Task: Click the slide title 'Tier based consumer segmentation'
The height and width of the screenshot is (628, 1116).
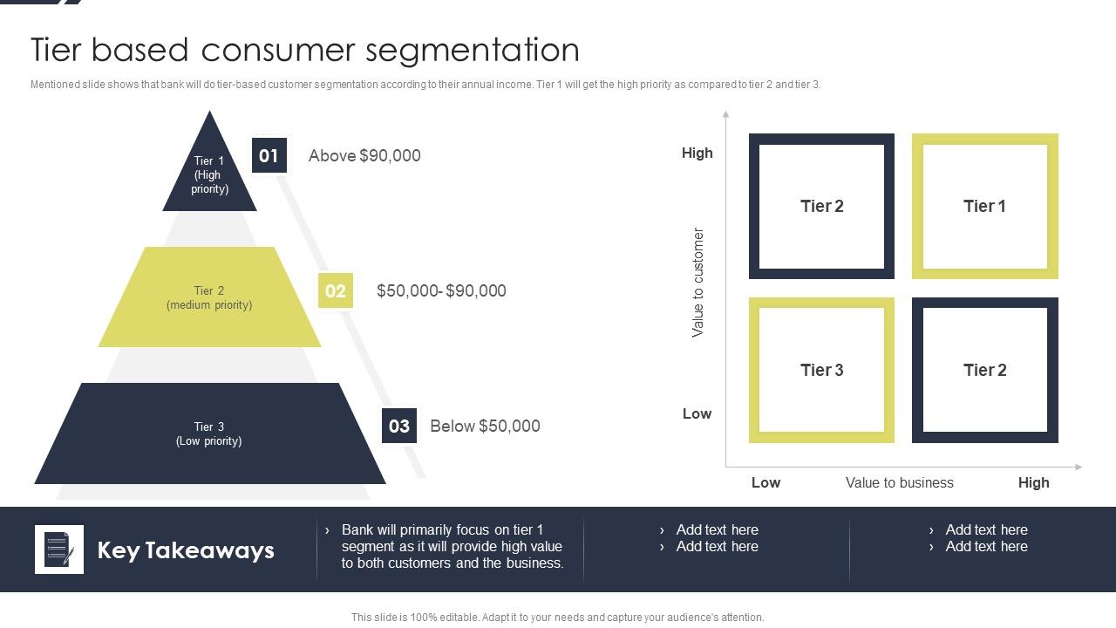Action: coord(305,50)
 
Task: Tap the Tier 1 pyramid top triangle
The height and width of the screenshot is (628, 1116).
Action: coord(209,174)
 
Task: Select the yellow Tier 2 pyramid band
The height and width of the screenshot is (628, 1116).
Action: coord(209,297)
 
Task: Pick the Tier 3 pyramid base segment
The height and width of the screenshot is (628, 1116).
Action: coord(209,433)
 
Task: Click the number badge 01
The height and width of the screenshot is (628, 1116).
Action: coord(269,155)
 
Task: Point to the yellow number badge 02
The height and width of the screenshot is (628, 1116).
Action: coord(335,290)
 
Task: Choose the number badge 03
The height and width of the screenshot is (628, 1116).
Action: coord(399,426)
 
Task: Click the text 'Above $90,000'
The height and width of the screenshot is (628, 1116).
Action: coord(364,155)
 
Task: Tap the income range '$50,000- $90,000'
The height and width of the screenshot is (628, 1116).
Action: coord(441,290)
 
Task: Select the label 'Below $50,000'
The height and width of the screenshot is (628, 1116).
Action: coord(485,426)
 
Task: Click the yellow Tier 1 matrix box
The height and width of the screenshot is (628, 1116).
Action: coord(985,206)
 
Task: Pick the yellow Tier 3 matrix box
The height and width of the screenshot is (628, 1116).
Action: coord(821,370)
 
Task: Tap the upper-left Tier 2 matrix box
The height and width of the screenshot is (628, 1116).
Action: coord(821,206)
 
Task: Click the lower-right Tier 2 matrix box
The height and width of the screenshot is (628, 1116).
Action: coord(985,370)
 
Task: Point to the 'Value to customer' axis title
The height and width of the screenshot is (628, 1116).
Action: coord(697,283)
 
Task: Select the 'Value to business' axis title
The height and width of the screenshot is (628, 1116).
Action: coord(899,482)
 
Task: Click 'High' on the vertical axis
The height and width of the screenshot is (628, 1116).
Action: coord(697,153)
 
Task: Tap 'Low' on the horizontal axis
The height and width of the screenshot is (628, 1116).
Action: coord(766,482)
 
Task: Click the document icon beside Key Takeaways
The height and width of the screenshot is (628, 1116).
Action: coord(59,549)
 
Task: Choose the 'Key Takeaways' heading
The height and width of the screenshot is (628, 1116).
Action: coord(186,550)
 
